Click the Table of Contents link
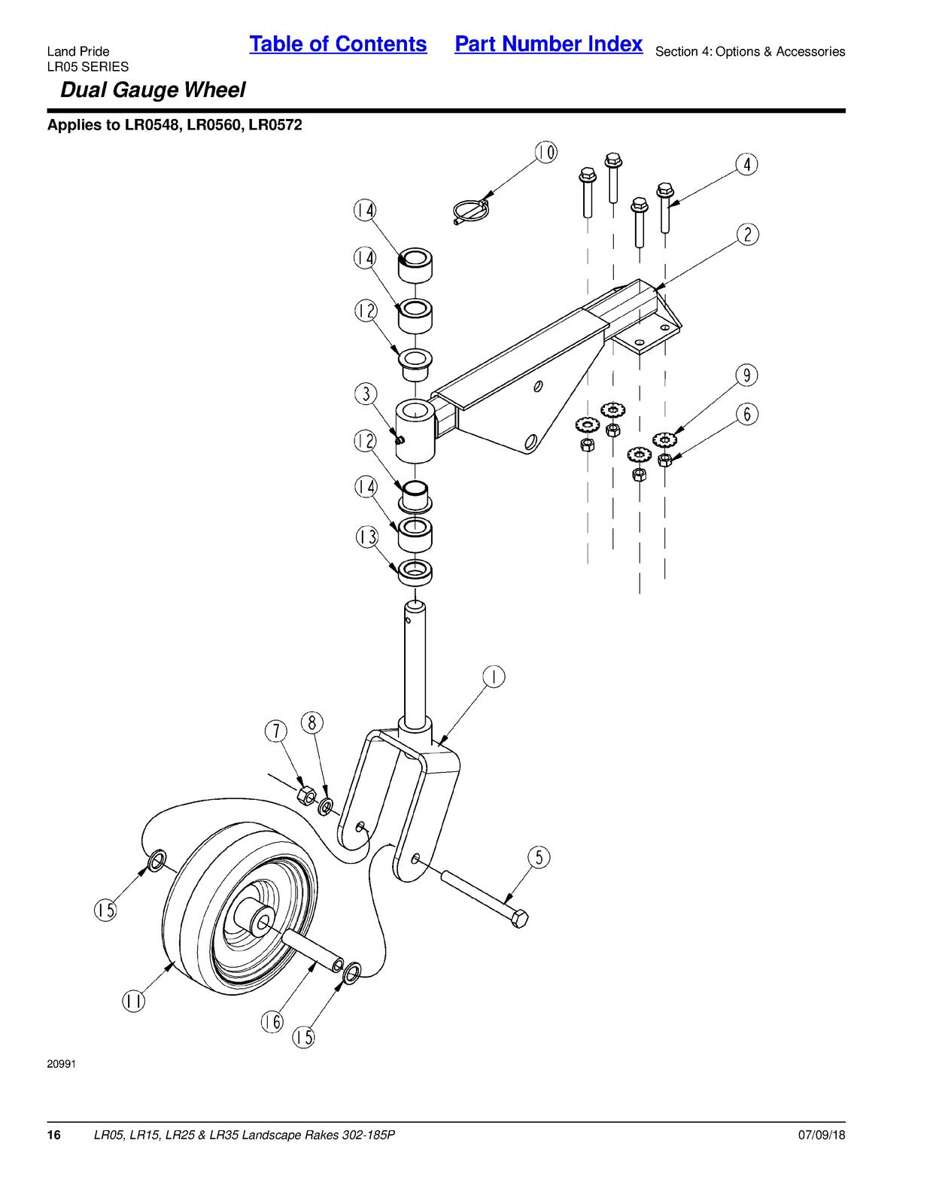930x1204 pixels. [338, 44]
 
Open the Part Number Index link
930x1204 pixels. [549, 44]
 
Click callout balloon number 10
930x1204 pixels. [546, 152]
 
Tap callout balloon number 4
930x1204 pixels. [746, 165]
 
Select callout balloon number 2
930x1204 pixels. [747, 235]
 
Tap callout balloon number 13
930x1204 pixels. [366, 537]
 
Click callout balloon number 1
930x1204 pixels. [494, 677]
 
